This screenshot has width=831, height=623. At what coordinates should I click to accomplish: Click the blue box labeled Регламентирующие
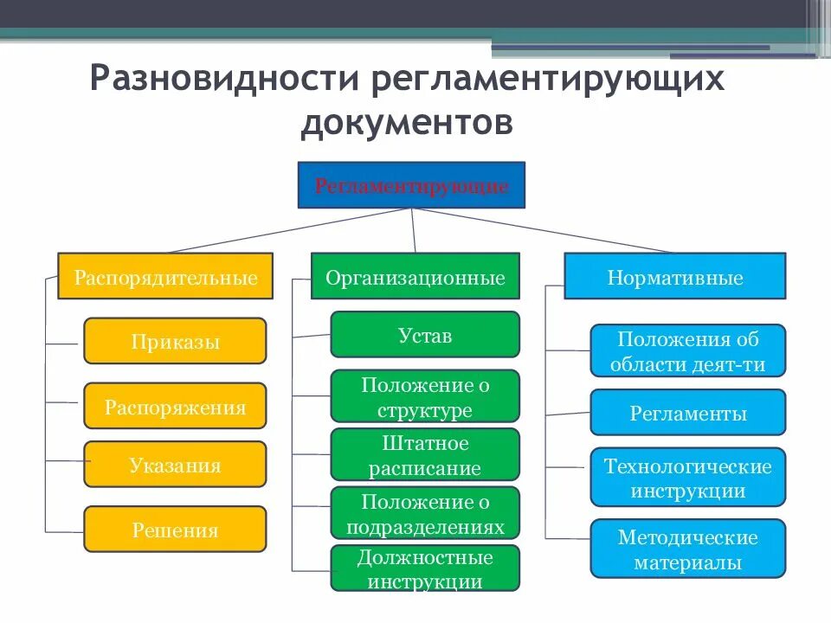pos(411,185)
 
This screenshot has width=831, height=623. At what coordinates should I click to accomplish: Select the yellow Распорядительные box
pos(165,276)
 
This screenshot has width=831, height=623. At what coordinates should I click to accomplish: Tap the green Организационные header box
pos(415,276)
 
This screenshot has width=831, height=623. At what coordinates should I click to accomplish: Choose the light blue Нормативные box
pos(675,276)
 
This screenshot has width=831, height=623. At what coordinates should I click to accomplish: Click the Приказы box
pos(175,341)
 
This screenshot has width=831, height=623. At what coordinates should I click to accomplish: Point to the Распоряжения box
pos(175,406)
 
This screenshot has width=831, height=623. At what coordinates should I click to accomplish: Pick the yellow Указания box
pos(175,465)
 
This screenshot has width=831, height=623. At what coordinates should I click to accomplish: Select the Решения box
pos(175,530)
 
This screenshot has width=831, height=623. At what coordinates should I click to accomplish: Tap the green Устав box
pos(425,335)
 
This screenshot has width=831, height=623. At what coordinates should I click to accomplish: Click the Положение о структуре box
pos(425,396)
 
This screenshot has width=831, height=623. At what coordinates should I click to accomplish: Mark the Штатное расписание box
pos(425,455)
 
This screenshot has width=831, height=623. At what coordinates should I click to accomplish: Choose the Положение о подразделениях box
pos(425,513)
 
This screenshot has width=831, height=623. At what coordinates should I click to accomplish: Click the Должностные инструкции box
pos(425,568)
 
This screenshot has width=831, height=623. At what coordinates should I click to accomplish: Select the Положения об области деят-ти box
pos(688,350)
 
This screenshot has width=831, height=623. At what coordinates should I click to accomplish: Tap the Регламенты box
pos(688,412)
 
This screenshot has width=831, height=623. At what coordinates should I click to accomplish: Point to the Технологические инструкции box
pos(688,477)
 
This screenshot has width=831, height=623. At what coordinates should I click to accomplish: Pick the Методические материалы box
pos(688,549)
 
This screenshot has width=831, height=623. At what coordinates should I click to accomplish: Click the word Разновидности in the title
pos(225,80)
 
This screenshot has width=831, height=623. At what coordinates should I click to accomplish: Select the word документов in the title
pos(407,122)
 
